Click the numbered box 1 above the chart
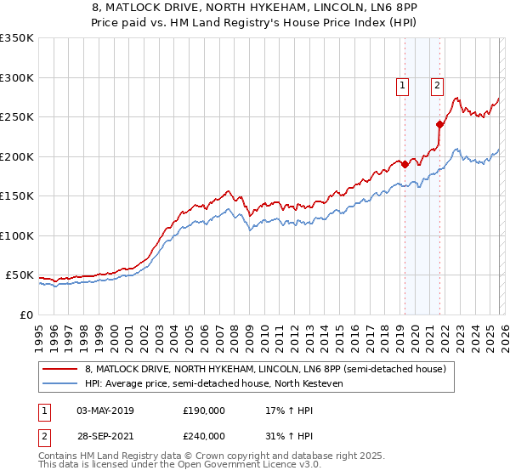[401, 85]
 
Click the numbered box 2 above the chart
[437, 85]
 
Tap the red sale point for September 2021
[440, 125]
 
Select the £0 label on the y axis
[26, 314]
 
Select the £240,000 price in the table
[204, 434]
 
